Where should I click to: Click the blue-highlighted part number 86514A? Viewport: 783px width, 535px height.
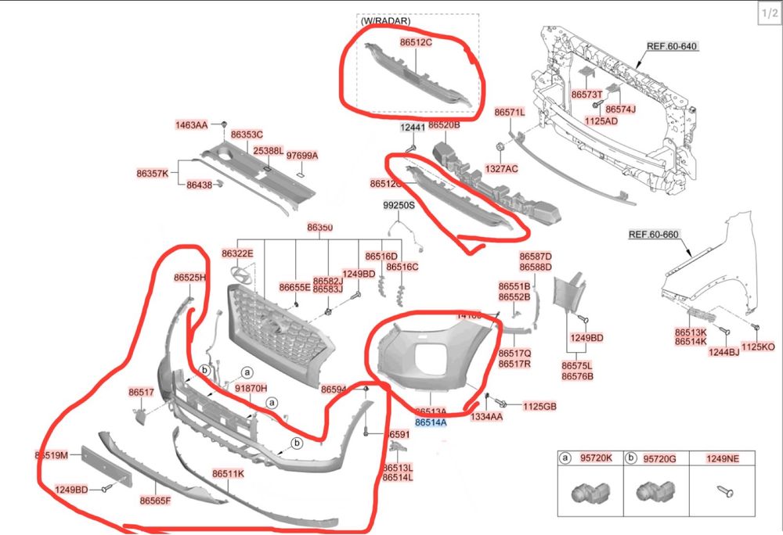click(x=431, y=422)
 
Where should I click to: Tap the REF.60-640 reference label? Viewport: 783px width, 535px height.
click(x=671, y=46)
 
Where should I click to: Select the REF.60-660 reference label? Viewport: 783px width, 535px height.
click(x=654, y=234)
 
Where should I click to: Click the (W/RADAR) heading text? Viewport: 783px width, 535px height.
click(x=385, y=22)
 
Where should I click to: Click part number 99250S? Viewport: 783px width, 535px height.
click(x=399, y=206)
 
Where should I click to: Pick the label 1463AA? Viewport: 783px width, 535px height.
click(x=192, y=125)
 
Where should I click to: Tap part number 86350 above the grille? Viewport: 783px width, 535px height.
click(x=319, y=228)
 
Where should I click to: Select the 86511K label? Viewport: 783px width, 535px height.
click(x=228, y=474)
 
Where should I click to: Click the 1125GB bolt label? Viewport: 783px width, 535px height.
click(x=539, y=406)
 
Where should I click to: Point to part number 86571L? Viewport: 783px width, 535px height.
click(x=510, y=113)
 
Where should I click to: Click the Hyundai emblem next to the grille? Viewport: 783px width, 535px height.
click(x=242, y=275)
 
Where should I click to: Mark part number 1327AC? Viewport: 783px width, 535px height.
click(x=501, y=168)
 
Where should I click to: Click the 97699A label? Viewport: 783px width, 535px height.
click(x=302, y=156)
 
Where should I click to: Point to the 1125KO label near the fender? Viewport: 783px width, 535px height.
click(x=757, y=346)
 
